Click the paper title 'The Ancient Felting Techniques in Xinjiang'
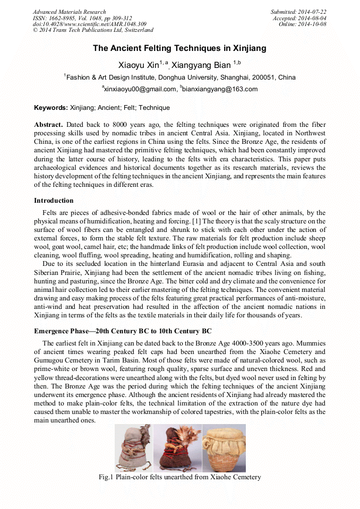179,48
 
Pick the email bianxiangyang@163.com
220,89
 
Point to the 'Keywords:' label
51,108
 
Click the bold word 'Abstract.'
49,124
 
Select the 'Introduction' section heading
54,201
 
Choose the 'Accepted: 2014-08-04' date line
299,18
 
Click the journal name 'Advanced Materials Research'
69,12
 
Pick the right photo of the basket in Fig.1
224,448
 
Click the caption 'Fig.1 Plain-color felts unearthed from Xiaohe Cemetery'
179,477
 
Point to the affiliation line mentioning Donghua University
179,77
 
